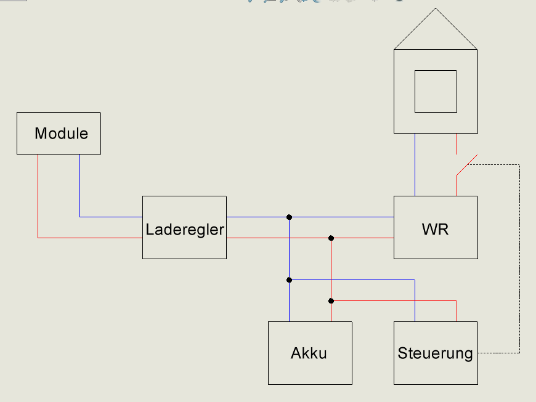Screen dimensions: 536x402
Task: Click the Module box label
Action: coord(61,133)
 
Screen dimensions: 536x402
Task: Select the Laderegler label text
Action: coord(185,230)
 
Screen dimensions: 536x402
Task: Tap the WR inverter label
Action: coord(435,229)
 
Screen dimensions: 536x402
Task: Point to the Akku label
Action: coord(309,353)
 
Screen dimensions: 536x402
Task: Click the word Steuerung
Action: coord(435,353)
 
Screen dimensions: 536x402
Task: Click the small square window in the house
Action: coord(436,91)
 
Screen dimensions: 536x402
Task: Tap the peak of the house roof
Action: coord(436,9)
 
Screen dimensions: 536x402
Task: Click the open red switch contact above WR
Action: coord(467,165)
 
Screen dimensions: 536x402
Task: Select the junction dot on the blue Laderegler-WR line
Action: coord(289,217)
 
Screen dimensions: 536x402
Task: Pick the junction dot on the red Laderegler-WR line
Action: coord(331,238)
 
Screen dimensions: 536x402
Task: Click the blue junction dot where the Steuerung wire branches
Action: coord(289,280)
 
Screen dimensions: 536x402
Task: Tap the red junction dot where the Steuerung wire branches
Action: coord(331,301)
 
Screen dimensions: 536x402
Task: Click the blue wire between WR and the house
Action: coord(415,164)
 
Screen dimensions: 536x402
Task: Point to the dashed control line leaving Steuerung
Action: coord(519,259)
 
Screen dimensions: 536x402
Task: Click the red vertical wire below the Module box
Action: coord(38,196)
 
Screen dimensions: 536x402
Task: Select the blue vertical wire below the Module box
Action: coord(80,185)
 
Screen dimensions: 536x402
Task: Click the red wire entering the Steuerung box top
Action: coord(457,311)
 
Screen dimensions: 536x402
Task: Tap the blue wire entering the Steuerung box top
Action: coord(415,301)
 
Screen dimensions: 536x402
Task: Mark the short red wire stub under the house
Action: coord(457,144)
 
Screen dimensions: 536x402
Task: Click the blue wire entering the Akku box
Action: coord(289,301)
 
